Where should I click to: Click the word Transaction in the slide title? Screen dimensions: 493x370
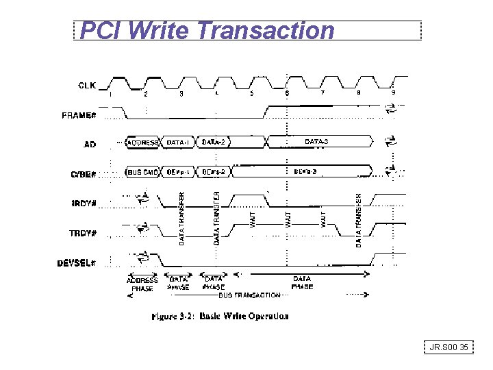[x=266, y=30]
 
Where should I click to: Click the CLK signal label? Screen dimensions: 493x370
[x=87, y=85]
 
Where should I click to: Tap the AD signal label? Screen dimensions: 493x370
[x=90, y=145]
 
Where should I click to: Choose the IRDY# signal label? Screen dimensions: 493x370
[x=84, y=203]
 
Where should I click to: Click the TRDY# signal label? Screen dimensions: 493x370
[x=84, y=232]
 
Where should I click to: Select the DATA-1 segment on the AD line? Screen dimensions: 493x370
[x=179, y=143]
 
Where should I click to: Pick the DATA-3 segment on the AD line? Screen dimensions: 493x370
[x=317, y=142]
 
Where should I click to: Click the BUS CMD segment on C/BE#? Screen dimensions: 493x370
[x=143, y=171]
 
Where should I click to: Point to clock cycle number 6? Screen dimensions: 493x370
[x=287, y=93]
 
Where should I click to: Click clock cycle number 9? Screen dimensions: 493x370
[x=393, y=93]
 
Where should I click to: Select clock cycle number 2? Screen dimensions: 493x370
[x=146, y=94]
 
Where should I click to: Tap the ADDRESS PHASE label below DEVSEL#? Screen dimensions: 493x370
[x=142, y=284]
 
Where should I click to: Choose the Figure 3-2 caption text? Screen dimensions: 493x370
[x=220, y=317]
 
